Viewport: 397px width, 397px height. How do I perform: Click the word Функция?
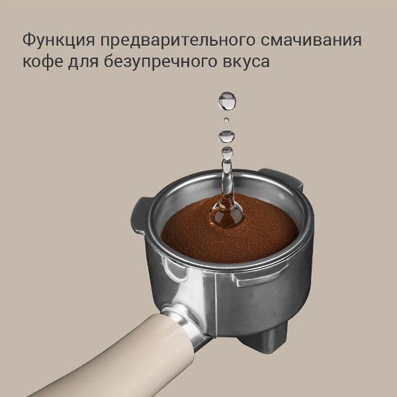click(58, 40)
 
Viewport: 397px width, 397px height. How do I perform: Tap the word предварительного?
click(177, 40)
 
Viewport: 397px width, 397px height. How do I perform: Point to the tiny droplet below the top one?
click(226, 120)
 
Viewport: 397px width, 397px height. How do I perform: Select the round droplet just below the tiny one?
click(227, 136)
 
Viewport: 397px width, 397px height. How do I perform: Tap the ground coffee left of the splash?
click(185, 228)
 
